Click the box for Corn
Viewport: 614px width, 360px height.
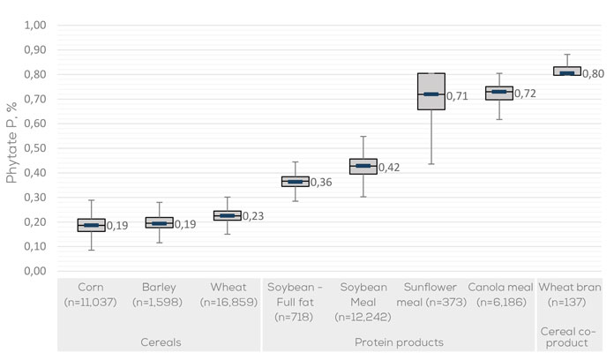tap(91, 225)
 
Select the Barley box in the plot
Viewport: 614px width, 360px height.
tap(159, 222)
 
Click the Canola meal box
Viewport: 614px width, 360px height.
tap(499, 93)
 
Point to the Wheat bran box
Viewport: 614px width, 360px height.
tap(567, 71)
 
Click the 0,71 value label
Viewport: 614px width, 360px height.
tap(457, 96)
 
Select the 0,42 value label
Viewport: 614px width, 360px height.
tap(389, 168)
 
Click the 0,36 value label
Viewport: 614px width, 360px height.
tap(321, 183)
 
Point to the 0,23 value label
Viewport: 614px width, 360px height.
tap(252, 216)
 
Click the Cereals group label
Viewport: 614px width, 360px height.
tap(159, 341)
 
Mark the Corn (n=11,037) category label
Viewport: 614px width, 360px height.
tap(91, 295)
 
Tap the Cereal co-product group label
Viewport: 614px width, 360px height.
tap(567, 335)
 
